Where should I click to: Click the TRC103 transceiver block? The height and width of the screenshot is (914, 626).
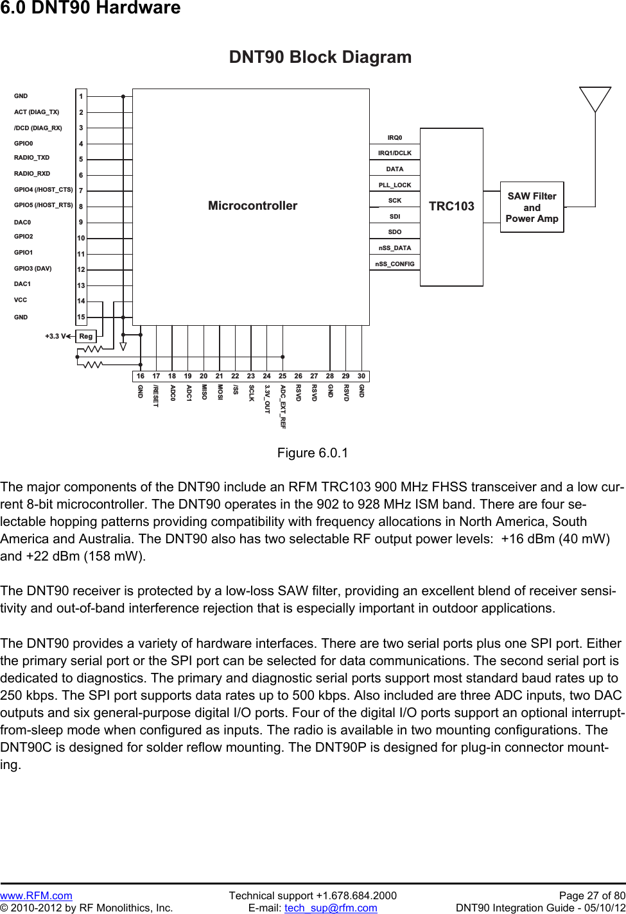451,207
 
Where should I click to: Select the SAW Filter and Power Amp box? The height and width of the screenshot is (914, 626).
532,207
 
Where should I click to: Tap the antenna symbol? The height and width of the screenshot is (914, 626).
595,99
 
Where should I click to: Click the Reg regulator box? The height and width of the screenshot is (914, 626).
85,336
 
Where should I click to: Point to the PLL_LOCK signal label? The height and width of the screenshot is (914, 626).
395,185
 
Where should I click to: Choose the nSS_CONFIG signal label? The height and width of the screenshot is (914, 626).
395,264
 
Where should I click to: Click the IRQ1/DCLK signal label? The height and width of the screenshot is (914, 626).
395,153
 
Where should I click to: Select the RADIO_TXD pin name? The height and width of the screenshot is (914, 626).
32,158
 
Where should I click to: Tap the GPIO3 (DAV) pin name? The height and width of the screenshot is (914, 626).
33,269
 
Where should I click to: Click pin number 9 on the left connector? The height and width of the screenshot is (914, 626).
81,222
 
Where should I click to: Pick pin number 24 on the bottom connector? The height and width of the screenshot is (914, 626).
266,377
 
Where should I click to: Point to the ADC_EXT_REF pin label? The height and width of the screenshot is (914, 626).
283,407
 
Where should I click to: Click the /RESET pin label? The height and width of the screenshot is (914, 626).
156,396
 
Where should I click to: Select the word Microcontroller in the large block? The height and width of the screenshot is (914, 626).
252,206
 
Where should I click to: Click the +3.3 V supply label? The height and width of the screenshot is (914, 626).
55,336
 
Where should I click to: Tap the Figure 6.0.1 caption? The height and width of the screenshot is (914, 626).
313,453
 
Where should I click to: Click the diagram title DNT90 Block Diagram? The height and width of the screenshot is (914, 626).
320,57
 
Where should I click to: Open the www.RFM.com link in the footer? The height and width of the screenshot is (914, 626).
36,895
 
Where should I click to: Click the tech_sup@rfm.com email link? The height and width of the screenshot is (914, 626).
331,908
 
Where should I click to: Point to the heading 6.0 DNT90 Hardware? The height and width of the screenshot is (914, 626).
91,8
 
